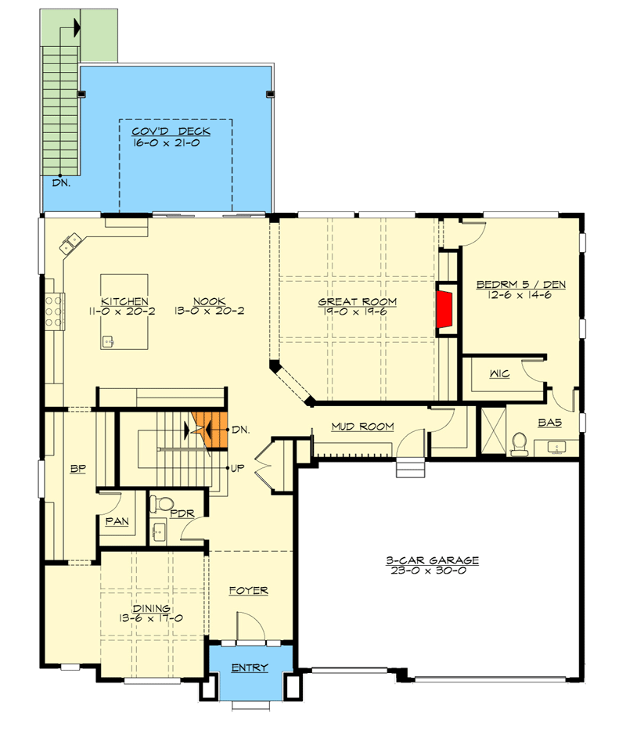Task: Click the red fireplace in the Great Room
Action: [x=444, y=308]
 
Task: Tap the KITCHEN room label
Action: [x=124, y=301]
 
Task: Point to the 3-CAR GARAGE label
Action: [x=432, y=560]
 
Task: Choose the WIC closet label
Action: [x=500, y=374]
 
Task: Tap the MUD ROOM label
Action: [x=362, y=427]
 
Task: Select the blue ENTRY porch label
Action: [x=250, y=668]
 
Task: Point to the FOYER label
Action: [x=249, y=591]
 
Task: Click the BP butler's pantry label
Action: [x=77, y=470]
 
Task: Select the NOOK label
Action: [x=210, y=301]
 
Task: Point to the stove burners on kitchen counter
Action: [x=54, y=308]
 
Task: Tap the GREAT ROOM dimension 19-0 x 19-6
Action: [x=357, y=311]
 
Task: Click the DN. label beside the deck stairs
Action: [x=62, y=184]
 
